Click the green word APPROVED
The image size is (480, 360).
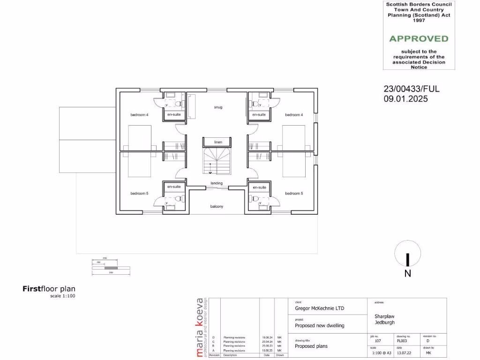419,39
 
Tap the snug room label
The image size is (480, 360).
218,107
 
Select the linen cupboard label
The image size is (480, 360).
218,142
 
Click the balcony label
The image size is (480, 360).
217,207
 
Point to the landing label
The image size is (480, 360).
217,183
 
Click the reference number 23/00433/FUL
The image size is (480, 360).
412,89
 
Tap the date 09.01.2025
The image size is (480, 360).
405,99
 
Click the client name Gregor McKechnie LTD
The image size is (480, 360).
319,308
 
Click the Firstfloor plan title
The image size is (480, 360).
49,289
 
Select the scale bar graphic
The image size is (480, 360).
111,267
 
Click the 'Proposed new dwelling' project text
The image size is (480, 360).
319,325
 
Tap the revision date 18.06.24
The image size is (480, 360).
267,337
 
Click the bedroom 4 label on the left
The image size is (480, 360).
139,115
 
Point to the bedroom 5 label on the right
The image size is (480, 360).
294,193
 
